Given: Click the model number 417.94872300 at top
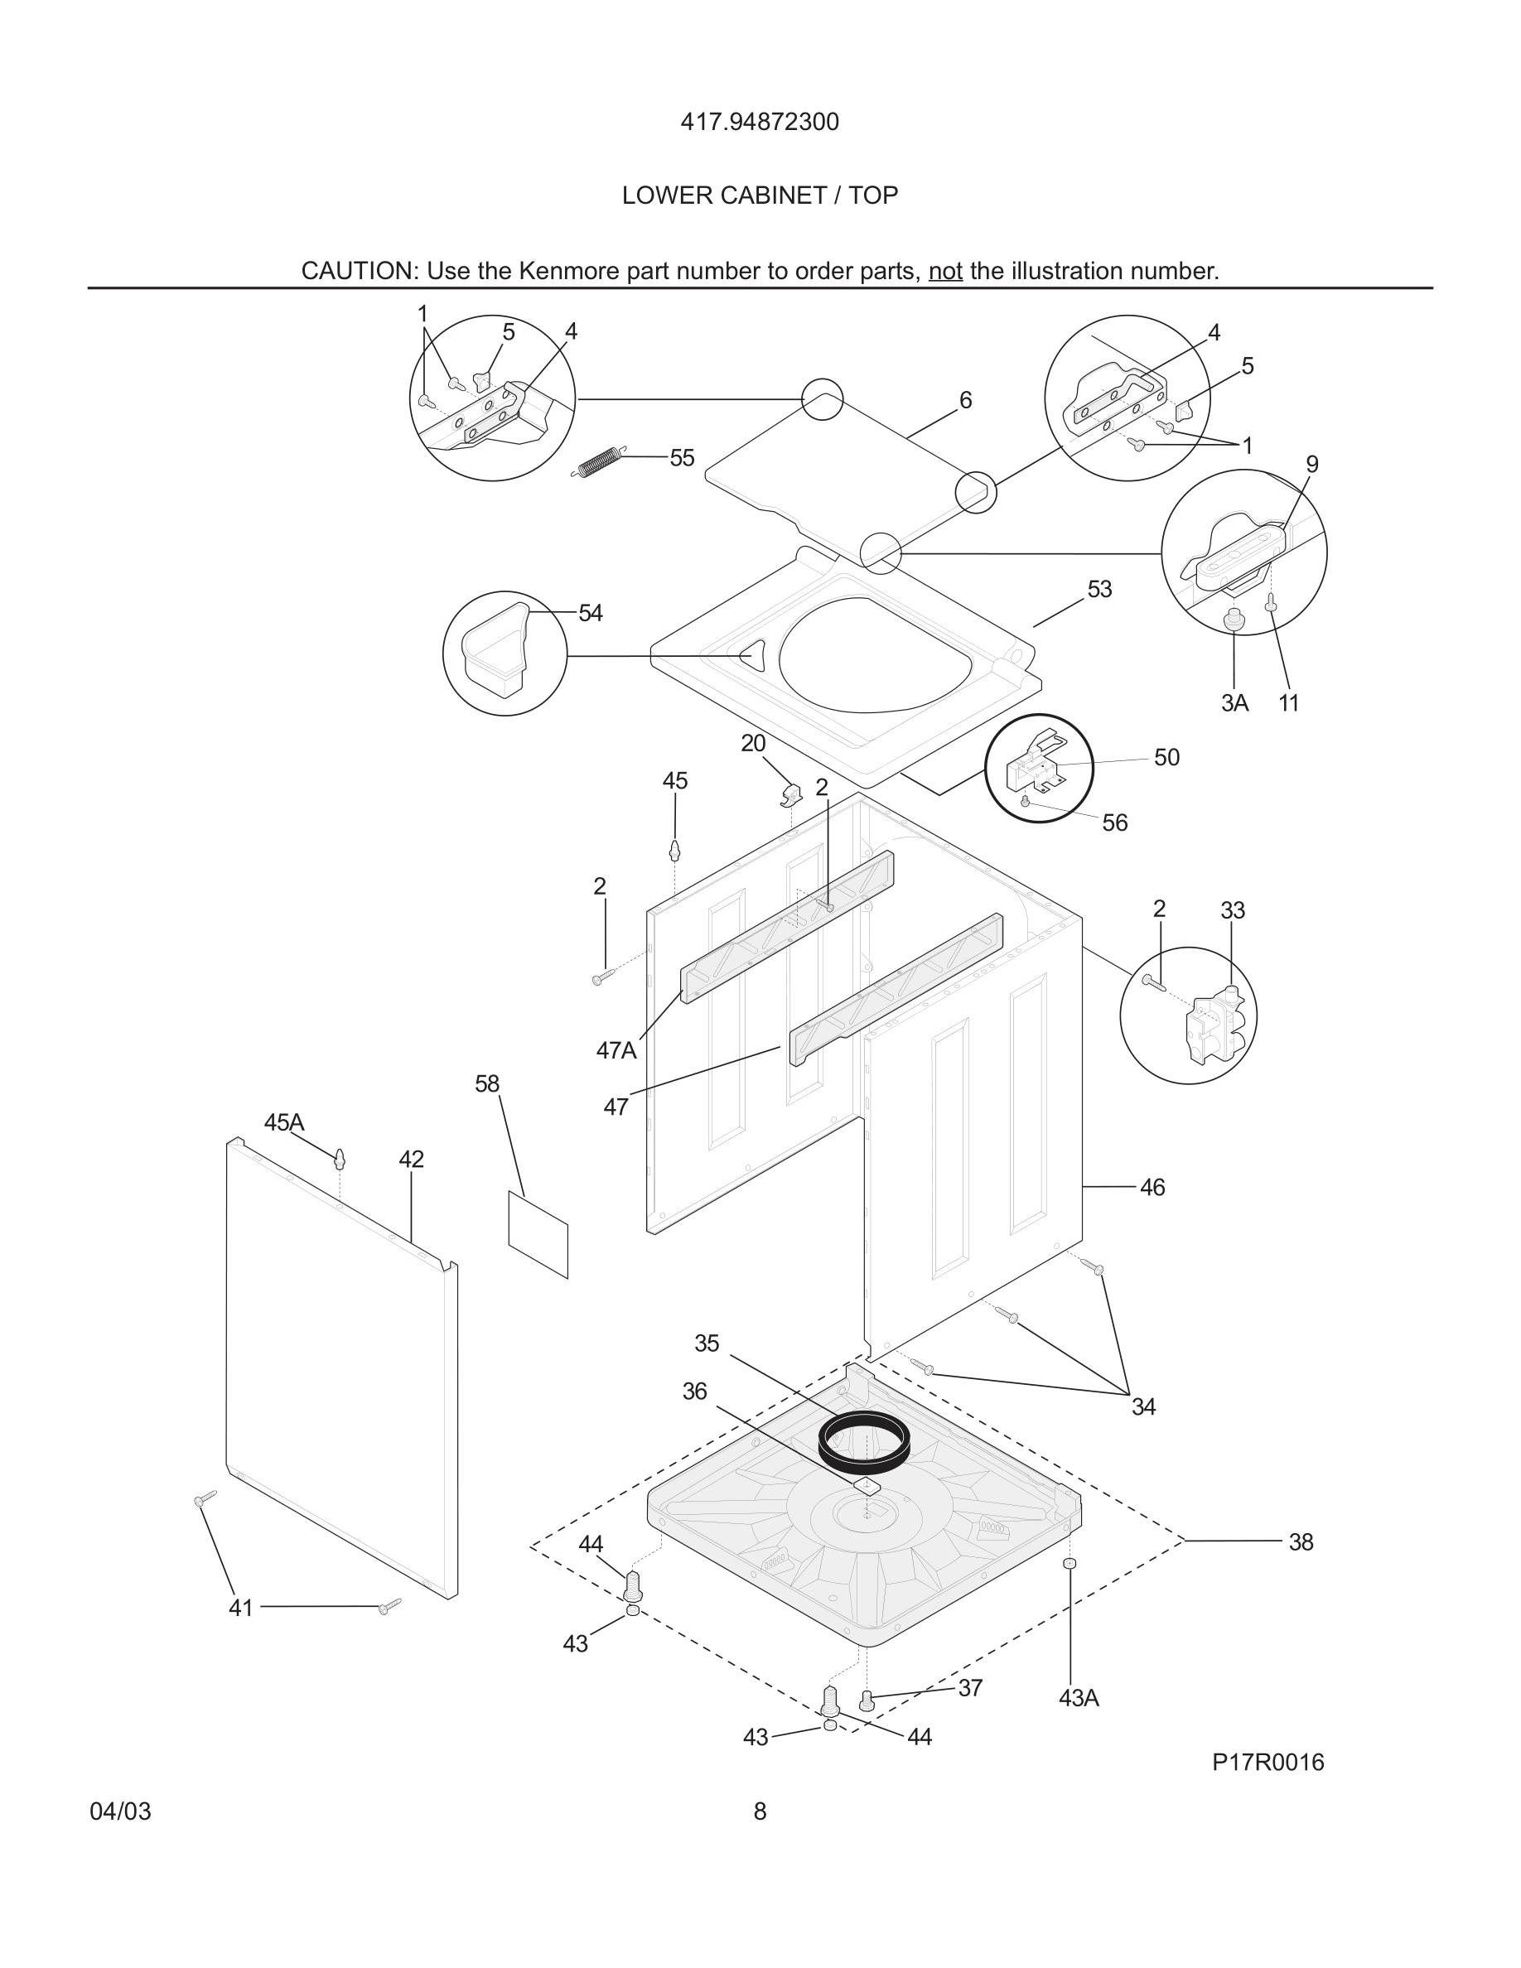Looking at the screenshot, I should (x=759, y=122).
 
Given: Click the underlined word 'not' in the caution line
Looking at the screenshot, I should (x=944, y=271).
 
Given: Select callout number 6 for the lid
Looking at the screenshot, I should (x=965, y=400).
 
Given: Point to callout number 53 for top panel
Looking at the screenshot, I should (x=1098, y=589).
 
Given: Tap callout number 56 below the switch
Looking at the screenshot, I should (x=1113, y=822).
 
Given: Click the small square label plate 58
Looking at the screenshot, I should (x=538, y=1233).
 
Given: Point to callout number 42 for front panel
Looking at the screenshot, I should (x=411, y=1160).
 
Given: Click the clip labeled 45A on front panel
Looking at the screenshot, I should (x=340, y=1158).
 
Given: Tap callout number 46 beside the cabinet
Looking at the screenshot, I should (x=1152, y=1188).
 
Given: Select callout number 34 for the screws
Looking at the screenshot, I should (x=1142, y=1406).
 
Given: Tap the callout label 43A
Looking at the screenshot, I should (x=1078, y=1698).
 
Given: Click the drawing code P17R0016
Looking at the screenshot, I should (x=1267, y=1763).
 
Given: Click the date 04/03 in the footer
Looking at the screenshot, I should (x=120, y=1811).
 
